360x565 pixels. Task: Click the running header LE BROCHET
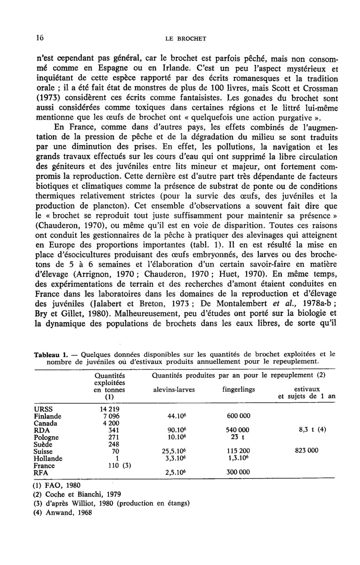point(185,39)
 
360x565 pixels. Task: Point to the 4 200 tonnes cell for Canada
point(108,423)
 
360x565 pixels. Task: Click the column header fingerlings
point(238,390)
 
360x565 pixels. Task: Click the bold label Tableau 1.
point(49,353)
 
